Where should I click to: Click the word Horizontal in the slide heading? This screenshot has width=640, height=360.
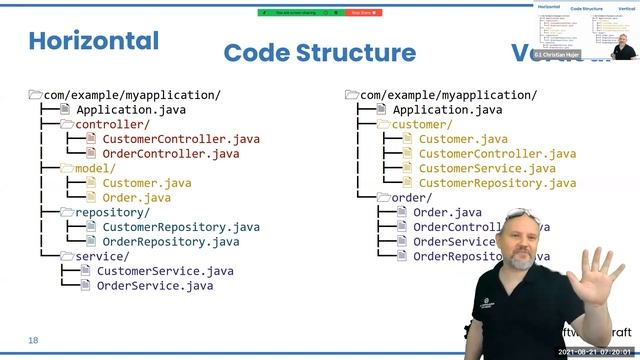(93, 41)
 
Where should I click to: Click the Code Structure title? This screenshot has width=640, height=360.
(319, 53)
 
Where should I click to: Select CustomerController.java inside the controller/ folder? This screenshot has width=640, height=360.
(180, 139)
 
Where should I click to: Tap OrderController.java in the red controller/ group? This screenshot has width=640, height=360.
(170, 154)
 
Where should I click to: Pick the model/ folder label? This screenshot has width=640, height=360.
(95, 169)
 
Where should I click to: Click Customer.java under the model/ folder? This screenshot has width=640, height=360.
(147, 183)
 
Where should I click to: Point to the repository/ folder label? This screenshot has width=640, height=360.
(112, 212)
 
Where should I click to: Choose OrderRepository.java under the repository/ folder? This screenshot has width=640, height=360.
(170, 241)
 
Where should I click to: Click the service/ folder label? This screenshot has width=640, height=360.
(102, 256)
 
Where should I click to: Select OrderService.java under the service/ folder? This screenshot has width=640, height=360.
(154, 285)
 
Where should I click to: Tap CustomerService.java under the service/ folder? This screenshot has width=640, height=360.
(164, 270)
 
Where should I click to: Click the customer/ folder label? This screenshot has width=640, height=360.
(421, 125)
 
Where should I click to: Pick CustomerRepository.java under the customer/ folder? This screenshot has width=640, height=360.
(496, 183)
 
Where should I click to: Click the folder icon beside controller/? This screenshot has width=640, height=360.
(66, 125)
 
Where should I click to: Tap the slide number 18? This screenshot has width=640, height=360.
(33, 340)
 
